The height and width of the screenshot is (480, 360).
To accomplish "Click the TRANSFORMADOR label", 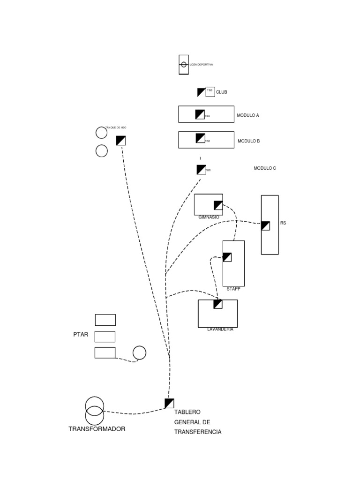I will tap(97, 429).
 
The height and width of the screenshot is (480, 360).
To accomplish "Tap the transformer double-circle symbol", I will tap(94, 411).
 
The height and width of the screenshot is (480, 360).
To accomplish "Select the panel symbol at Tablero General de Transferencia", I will tap(169, 403).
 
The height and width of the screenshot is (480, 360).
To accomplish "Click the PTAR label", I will tap(81, 335).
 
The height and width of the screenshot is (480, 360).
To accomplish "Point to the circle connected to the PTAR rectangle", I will tap(139, 352).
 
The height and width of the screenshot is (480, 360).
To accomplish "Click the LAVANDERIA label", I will tap(220, 329).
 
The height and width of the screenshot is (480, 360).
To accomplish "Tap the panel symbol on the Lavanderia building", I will tap(218, 304).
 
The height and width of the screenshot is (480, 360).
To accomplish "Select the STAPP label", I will tap(233, 289).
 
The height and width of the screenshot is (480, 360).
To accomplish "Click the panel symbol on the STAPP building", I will tap(227, 257).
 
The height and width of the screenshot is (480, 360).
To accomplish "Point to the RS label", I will tap(283, 223).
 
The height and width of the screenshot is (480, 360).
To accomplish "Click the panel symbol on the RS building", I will tap(265, 226).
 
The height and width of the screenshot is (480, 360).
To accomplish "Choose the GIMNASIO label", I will tap(209, 217).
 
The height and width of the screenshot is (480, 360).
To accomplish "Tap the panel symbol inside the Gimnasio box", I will tap(218, 205).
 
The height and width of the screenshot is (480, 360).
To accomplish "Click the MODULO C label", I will tap(265, 168).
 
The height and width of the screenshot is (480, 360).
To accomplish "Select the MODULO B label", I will tap(248, 141).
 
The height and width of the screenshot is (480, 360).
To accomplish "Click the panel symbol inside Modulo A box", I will tap(200, 114).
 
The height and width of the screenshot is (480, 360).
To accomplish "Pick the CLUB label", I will tap(221, 92).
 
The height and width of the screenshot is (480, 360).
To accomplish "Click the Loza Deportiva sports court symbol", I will tap(184, 64).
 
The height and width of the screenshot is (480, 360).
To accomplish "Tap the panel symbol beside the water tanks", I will tap(121, 140).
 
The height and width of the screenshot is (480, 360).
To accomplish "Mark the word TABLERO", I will tap(187, 412).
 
